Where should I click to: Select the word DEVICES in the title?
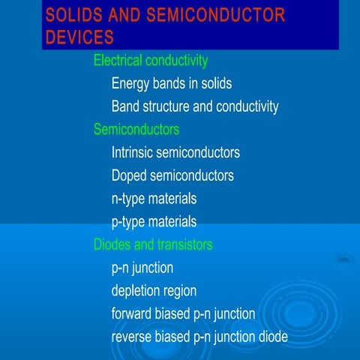tap(79, 37)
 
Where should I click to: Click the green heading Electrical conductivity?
tap(151, 60)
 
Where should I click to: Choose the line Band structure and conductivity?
tap(195, 106)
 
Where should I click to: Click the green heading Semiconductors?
tap(136, 130)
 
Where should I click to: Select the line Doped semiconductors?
tap(172, 175)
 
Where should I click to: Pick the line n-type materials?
tap(154, 199)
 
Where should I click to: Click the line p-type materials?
tap(154, 221)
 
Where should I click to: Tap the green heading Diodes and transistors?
tap(153, 244)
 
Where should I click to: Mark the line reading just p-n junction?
tap(142, 268)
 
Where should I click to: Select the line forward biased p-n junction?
tap(184, 313)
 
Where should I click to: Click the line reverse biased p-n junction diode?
tap(199, 337)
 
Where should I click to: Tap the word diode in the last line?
tap(272, 337)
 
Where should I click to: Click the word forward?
tap(133, 313)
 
